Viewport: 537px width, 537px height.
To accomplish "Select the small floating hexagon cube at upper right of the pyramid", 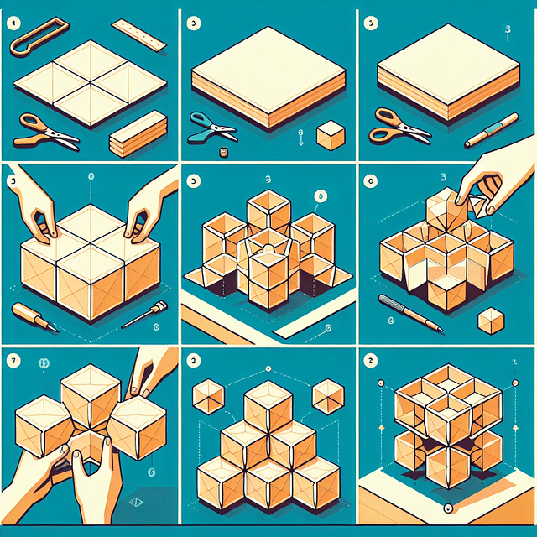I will pyautogui.click(x=328, y=394).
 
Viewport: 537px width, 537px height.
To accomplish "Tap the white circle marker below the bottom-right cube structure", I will pyautogui.click(x=447, y=508).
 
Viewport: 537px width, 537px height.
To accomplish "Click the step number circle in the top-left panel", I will pyautogui.click(x=13, y=23).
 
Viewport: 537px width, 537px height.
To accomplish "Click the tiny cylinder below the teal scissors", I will pyautogui.click(x=224, y=152).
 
